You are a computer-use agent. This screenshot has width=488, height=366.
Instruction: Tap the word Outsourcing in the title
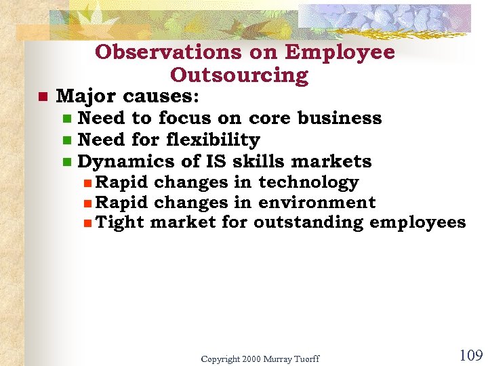[x=239, y=75]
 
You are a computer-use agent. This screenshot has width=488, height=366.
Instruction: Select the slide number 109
[x=470, y=355]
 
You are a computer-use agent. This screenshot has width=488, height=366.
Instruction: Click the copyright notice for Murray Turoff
[x=260, y=359]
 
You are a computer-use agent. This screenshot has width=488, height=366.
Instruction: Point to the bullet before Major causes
[x=42, y=97]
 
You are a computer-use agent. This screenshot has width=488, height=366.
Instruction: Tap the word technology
[x=308, y=182]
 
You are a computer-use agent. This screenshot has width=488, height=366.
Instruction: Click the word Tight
[x=119, y=222]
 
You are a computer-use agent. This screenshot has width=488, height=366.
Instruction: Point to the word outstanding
[x=308, y=222]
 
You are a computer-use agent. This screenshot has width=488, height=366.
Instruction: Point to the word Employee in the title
[x=340, y=52]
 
